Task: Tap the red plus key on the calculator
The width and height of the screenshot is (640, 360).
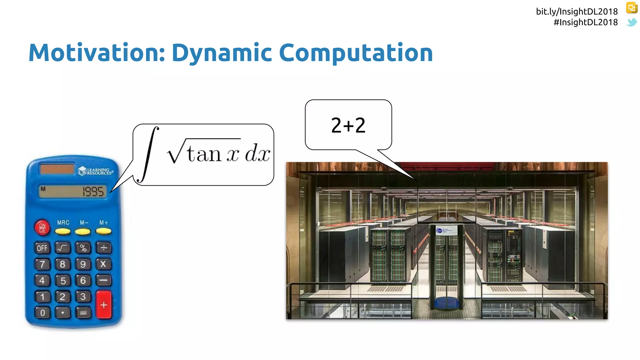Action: point(104,305)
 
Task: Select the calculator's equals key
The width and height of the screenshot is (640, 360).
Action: point(83,312)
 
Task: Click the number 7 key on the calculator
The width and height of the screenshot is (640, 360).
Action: point(42,264)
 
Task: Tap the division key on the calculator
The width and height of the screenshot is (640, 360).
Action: point(103,248)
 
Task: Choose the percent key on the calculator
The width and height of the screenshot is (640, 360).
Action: point(83,248)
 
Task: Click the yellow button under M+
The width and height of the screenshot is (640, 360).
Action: point(103,231)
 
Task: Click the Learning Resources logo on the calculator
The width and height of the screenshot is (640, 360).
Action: point(96,171)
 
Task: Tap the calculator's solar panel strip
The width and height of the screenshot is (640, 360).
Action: point(57,169)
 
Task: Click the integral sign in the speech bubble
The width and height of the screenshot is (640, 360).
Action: point(149,154)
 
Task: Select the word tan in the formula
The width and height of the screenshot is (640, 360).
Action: point(205,154)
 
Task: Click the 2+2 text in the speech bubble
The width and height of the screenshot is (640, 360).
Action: point(348,125)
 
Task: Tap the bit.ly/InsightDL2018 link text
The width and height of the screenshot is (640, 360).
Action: point(577,12)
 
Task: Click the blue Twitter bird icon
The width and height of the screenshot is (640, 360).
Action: point(632,22)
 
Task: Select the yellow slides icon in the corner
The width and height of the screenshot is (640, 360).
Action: point(632,8)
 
